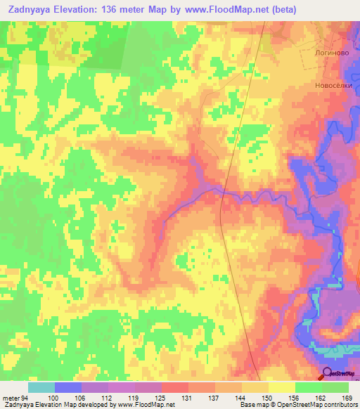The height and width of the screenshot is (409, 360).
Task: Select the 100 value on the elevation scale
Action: click(x=68, y=398)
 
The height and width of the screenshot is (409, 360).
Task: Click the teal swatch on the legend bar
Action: click(x=41, y=387)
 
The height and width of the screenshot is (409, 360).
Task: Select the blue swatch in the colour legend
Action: click(x=68, y=387)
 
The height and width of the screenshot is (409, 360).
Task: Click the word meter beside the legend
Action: click(x=10, y=398)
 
